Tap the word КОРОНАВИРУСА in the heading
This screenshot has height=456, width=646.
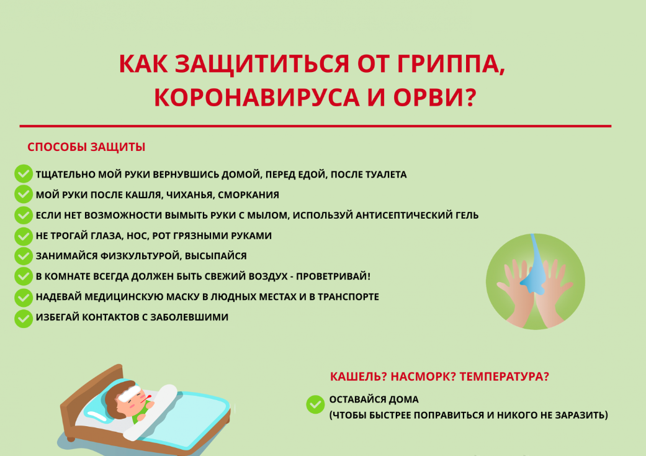click(257, 98)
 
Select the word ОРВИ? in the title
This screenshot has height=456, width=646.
click(434, 98)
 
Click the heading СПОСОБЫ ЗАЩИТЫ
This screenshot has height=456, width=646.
click(86, 147)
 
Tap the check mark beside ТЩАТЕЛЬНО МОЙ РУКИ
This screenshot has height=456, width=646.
click(24, 173)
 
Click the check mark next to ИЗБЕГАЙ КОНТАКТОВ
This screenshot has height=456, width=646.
click(24, 318)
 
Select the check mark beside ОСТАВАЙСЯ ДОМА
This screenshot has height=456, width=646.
click(315, 404)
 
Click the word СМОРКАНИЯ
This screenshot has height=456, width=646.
click(248, 194)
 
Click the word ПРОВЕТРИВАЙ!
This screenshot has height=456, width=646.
click(333, 276)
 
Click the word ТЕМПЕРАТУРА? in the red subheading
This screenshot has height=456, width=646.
click(505, 376)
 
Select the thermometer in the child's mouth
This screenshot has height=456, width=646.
click(146, 398)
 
